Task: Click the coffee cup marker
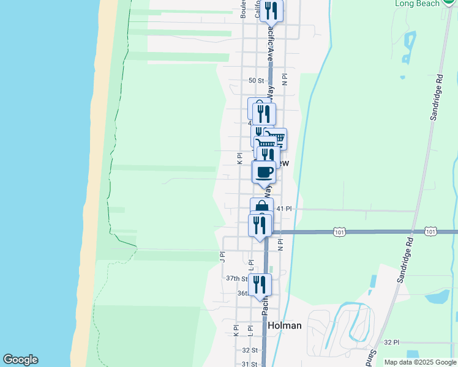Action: pos(264,172)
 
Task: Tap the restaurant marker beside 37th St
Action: pos(260,284)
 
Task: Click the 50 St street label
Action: pos(256,80)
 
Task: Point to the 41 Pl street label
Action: pos(284,209)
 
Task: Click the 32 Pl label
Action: pos(391,342)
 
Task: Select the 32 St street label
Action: pos(249,350)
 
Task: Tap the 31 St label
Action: pos(249,364)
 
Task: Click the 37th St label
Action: pos(236,278)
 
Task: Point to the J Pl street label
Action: pos(222,255)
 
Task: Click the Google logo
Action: pos(20,360)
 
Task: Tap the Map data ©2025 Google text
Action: pos(421,362)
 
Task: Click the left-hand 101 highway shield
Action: pos(340,232)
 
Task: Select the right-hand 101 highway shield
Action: pos(431,232)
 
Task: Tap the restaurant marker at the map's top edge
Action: pos(271,11)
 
